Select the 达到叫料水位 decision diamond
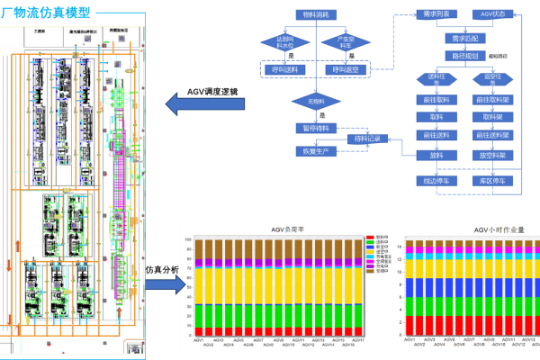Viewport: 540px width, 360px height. pyautogui.click(x=284, y=42)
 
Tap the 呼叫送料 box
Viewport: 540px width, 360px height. pyautogui.click(x=284, y=69)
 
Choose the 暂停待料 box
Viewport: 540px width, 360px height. pyautogui.click(x=317, y=129)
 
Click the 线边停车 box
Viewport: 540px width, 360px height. pyautogui.click(x=436, y=181)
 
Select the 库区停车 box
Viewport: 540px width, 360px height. pyautogui.click(x=496, y=181)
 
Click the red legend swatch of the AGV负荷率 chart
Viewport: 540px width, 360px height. pyautogui.click(x=370, y=238)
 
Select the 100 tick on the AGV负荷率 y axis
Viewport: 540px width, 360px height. pyautogui.click(x=187, y=240)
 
